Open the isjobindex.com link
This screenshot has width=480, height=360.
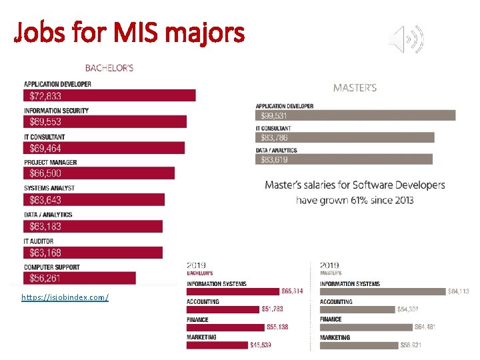[65, 297]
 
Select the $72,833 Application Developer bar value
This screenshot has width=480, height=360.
[45, 96]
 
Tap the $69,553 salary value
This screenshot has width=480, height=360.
[45, 122]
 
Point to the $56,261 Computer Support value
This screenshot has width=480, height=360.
[45, 279]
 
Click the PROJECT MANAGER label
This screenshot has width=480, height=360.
[51, 162]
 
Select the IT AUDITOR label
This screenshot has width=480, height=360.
[39, 241]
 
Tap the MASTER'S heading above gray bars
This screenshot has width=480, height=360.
[355, 87]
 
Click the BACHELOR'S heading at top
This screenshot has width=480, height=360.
[109, 67]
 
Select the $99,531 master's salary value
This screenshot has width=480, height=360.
[275, 115]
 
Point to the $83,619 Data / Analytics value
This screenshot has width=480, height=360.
[275, 159]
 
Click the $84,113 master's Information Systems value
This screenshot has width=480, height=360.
[459, 291]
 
